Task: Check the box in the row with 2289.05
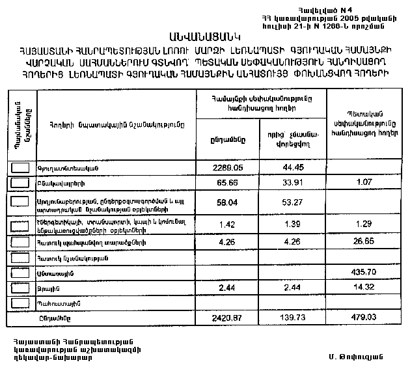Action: (21, 168)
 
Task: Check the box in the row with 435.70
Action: (21, 272)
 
